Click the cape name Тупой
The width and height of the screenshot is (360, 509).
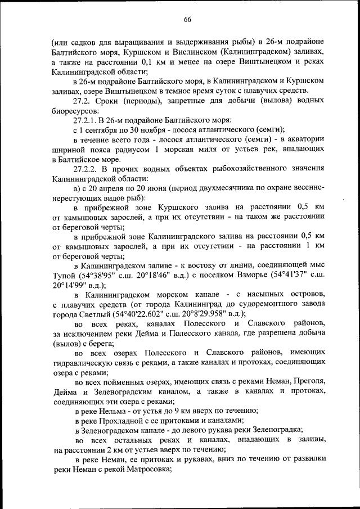tap(65, 276)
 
